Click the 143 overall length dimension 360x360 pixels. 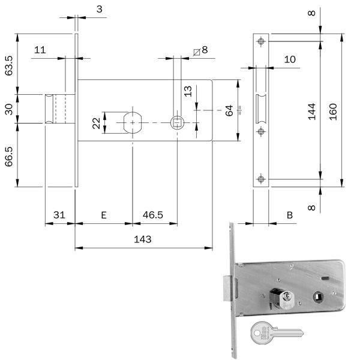click(143, 239)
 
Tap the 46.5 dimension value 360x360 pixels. click(152, 215)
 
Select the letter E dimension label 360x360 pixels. click(104, 215)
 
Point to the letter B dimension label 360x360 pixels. click(290, 215)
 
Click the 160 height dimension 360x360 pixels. click(333, 112)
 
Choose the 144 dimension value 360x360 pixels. click(311, 112)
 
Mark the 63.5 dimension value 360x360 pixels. click(9, 65)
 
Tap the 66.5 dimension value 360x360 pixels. click(9, 157)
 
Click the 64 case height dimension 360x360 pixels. click(229, 110)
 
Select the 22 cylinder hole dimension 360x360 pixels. click(97, 123)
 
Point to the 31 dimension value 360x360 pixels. click(59, 215)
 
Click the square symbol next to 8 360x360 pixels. click(197, 52)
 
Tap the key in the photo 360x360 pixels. click(277, 333)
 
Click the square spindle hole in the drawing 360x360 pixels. click(177, 123)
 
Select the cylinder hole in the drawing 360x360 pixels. click(133, 123)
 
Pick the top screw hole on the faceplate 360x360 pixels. click(261, 41)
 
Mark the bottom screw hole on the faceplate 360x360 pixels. click(261, 179)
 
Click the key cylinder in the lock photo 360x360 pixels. click(282, 298)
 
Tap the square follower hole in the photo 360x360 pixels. click(317, 297)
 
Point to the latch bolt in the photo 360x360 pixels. click(227, 289)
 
